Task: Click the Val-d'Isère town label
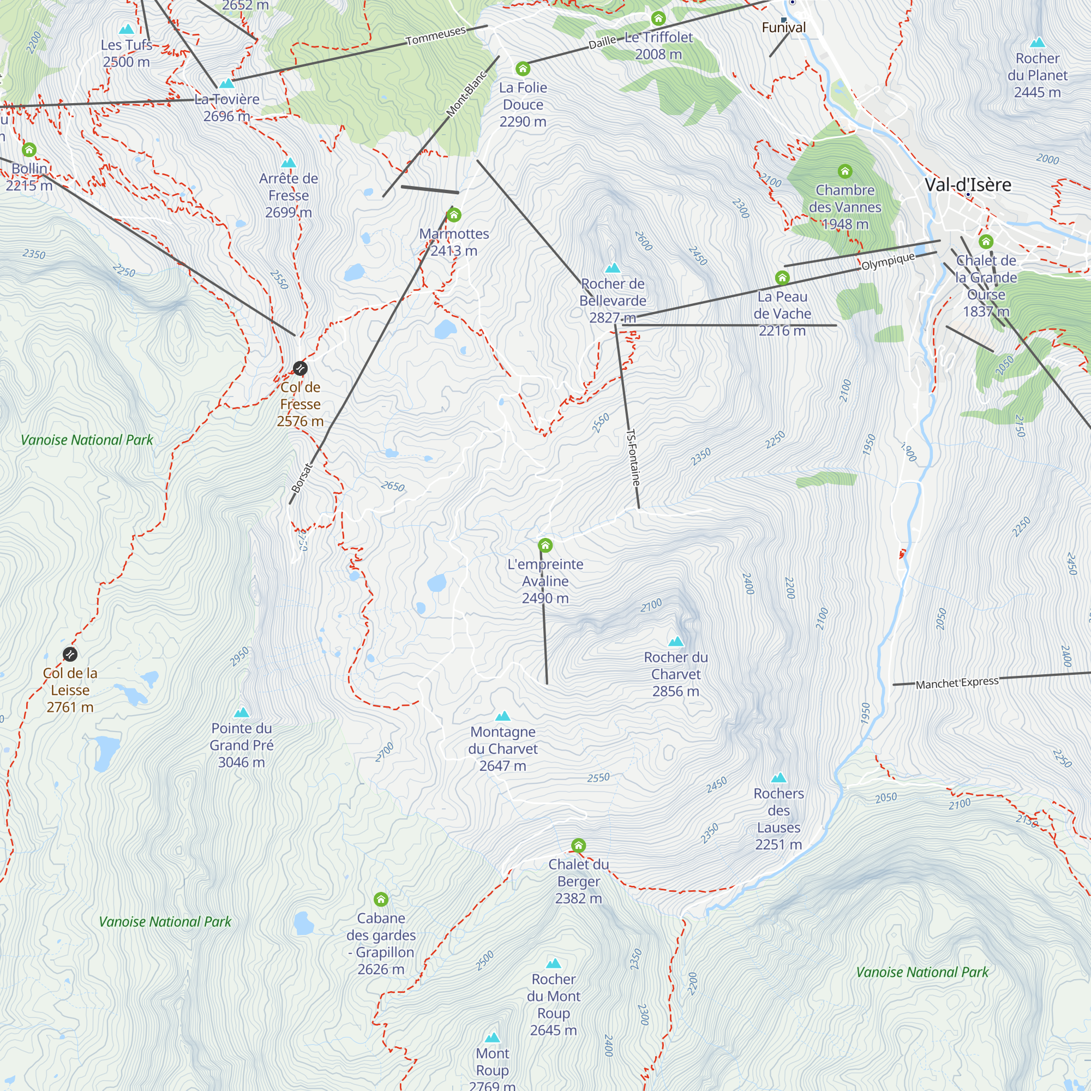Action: [x=968, y=185]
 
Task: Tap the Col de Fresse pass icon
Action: [x=301, y=368]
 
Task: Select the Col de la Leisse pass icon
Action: [x=70, y=654]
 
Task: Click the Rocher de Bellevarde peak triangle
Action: [x=613, y=268]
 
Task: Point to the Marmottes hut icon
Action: [x=454, y=215]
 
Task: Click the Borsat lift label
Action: [x=302, y=477]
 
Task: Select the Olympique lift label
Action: [x=888, y=261]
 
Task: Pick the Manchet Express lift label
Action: [x=957, y=683]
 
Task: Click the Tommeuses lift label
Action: [x=435, y=35]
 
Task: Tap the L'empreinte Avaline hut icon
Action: [x=545, y=545]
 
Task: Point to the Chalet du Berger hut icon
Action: [x=578, y=846]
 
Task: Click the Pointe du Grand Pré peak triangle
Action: [x=242, y=712]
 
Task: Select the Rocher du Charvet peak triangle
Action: [x=676, y=641]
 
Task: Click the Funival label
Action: [x=784, y=28]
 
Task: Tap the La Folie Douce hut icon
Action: [x=523, y=69]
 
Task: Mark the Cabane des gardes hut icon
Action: [x=381, y=899]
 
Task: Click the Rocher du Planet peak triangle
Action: [x=1038, y=43]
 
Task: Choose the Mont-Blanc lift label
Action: [x=466, y=94]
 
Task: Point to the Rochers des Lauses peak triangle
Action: [x=779, y=777]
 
